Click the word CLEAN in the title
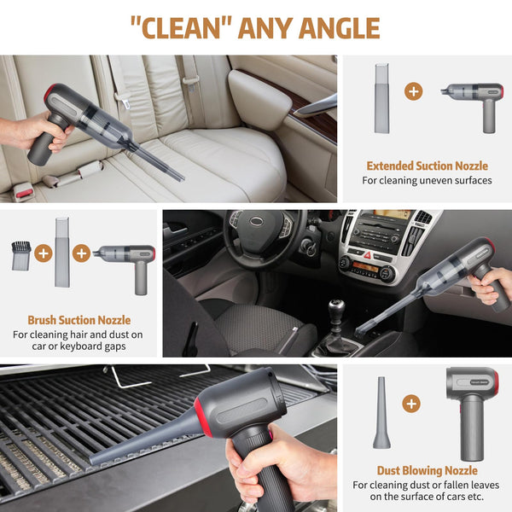(x=180, y=27)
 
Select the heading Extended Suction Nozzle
(x=427, y=166)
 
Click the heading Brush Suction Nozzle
(x=79, y=320)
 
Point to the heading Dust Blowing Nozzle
(x=427, y=470)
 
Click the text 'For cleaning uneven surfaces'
(x=427, y=181)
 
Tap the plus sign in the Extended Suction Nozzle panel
(x=413, y=90)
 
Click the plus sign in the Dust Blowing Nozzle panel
(x=411, y=403)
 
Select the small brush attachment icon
(x=20, y=253)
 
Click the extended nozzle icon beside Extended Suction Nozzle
(x=381, y=98)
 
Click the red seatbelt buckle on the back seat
(x=24, y=194)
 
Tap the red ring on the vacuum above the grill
(x=206, y=417)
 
